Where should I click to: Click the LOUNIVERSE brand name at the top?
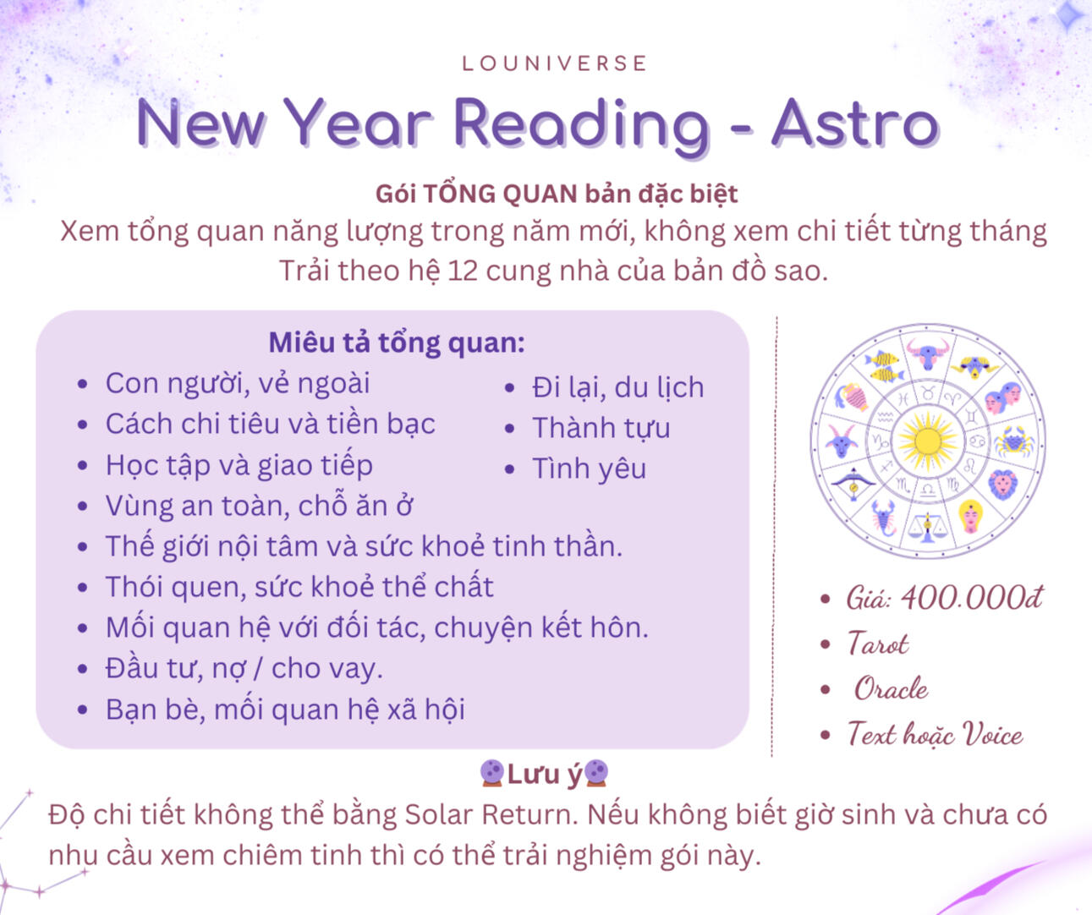(x=554, y=63)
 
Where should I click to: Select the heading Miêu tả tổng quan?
(x=397, y=343)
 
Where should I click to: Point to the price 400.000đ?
(x=972, y=598)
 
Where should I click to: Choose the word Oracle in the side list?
(x=892, y=688)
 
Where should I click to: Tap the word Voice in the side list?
(x=993, y=734)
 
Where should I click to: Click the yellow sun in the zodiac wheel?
(x=928, y=441)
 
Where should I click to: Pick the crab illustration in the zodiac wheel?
(x=1013, y=441)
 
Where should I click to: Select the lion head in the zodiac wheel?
(x=1002, y=485)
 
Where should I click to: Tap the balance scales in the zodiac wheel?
(x=927, y=527)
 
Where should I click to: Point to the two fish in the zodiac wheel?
(x=883, y=366)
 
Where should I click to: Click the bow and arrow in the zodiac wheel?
(x=853, y=485)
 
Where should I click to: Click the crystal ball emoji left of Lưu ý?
(x=492, y=774)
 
